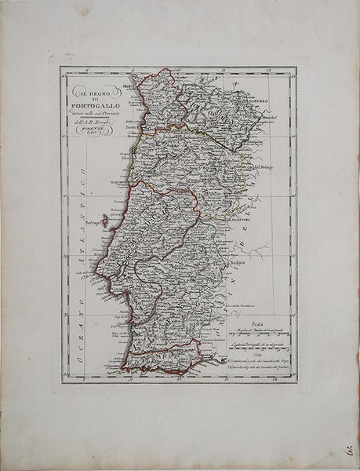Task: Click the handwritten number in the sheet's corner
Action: (346, 451)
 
